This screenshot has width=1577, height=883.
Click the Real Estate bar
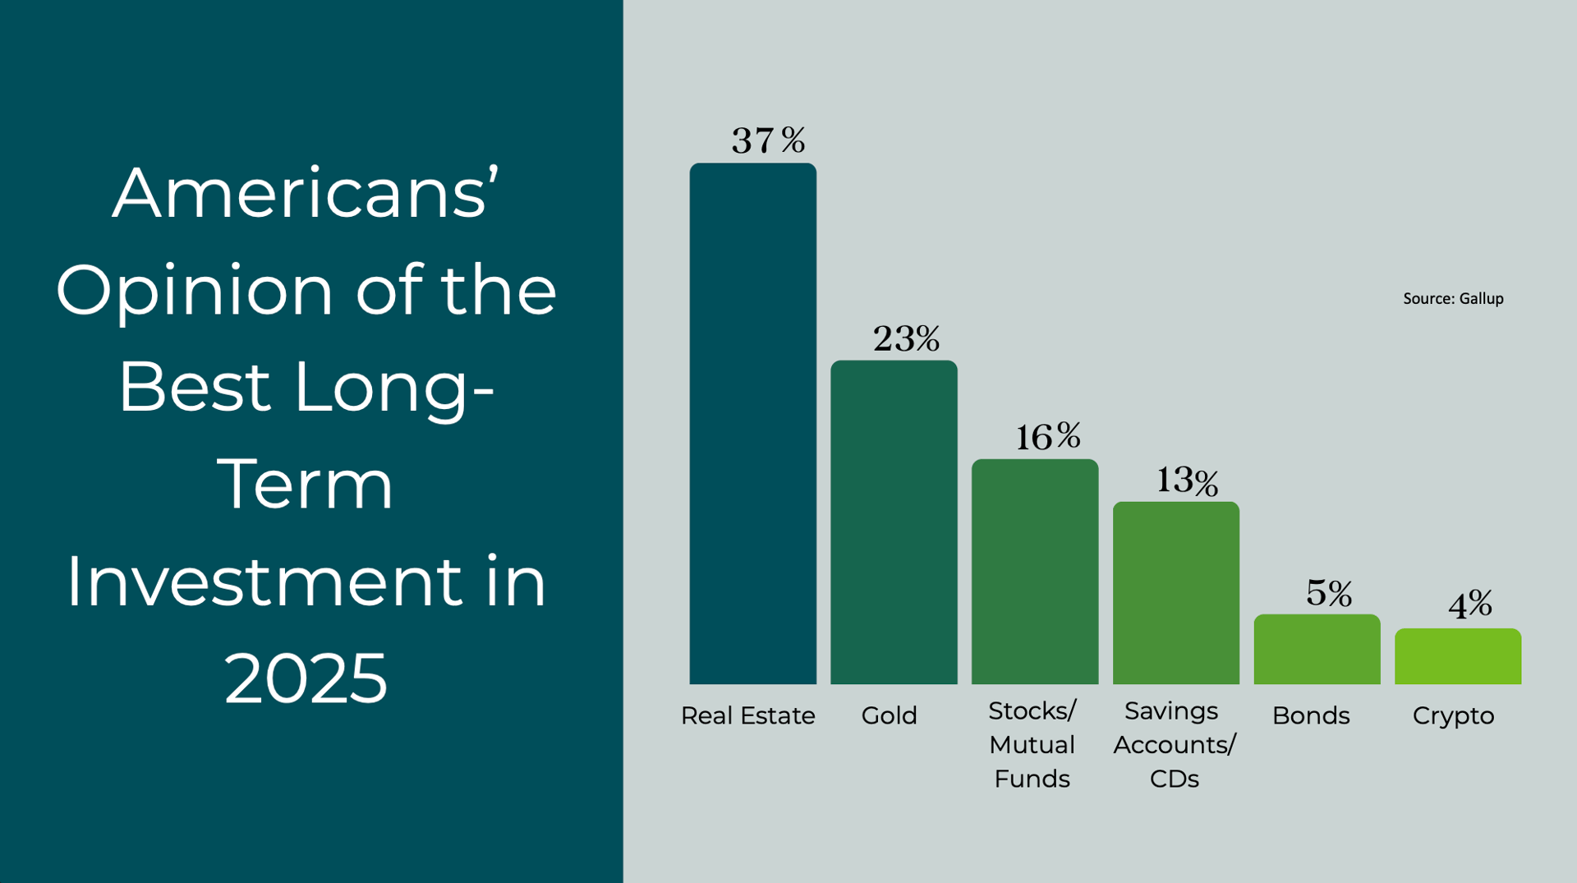pos(752,423)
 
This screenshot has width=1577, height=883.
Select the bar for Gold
pos(894,522)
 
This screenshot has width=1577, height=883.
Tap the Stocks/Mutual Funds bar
pos(1035,571)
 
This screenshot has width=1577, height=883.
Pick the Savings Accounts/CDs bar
pos(1175,592)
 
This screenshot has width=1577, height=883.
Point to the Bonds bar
pos(1317,649)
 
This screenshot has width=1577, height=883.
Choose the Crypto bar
pos(1458,656)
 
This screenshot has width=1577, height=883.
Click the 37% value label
pos(768,140)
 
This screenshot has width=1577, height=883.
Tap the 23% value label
pos(906,338)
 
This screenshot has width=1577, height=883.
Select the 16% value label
pos(1048,437)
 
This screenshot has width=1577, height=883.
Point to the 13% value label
pos(1187,481)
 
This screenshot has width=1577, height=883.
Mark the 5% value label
pos(1329,593)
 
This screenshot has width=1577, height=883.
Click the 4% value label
pos(1470,605)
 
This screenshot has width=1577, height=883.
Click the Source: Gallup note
pos(1453,299)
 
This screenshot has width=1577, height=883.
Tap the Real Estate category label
pos(747,715)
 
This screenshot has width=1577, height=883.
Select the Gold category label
pos(889,715)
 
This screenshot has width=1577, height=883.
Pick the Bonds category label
pos(1311,715)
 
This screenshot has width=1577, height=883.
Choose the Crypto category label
pos(1453,715)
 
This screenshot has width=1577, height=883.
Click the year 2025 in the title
pos(306,678)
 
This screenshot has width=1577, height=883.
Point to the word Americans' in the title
pos(306,194)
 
